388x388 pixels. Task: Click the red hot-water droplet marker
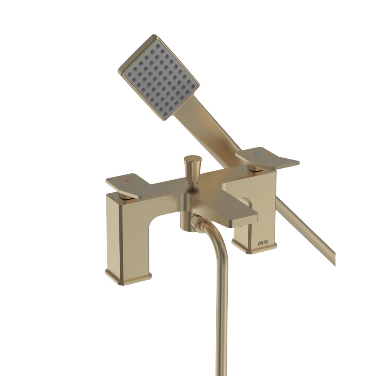128,181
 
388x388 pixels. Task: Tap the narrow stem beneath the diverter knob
190,177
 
